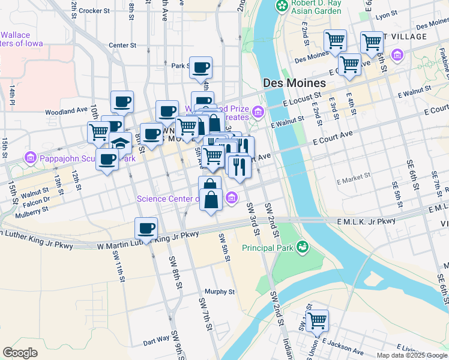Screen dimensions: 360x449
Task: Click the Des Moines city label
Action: point(294,83)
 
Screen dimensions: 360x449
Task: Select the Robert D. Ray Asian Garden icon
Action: point(281,6)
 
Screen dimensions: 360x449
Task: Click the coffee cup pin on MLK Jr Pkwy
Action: point(146,228)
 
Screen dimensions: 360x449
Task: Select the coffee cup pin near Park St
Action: point(201,67)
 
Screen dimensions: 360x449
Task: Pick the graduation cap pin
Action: point(120,144)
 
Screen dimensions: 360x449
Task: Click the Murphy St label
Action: point(219,292)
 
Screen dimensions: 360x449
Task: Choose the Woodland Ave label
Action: point(66,111)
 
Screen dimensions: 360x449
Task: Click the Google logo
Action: point(20,353)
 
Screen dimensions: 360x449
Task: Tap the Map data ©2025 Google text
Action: point(411,355)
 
